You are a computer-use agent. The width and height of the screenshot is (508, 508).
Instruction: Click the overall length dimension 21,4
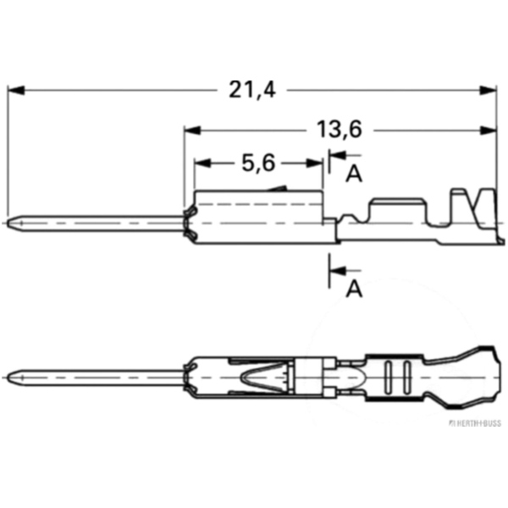(253, 89)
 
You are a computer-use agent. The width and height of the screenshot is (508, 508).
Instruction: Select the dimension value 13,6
(340, 130)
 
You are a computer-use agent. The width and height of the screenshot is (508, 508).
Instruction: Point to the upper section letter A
(354, 174)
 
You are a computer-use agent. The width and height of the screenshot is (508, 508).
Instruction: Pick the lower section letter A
(354, 290)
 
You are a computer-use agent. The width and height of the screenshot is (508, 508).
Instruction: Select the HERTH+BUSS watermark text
(476, 420)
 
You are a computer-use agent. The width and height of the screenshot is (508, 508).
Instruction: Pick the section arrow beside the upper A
(336, 155)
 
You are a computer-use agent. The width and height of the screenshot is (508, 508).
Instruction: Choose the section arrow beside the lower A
(336, 271)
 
